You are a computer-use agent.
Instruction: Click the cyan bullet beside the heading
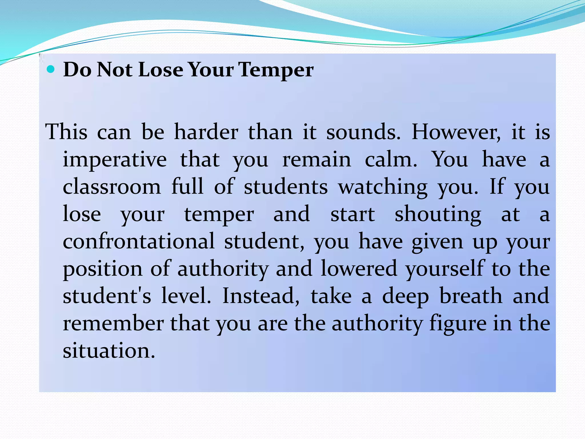(51, 69)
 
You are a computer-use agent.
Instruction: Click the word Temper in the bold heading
(276, 70)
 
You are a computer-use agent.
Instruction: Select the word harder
(206, 132)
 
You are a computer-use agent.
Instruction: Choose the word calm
(391, 159)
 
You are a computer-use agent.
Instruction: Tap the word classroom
(112, 187)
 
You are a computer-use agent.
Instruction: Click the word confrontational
(139, 242)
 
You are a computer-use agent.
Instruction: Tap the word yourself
(444, 269)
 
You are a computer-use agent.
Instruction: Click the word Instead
(261, 296)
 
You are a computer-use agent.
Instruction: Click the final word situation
(109, 351)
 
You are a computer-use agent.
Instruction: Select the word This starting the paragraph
(66, 132)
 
